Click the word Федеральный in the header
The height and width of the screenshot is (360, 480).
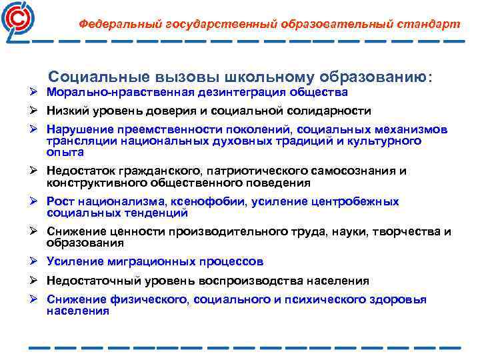pos(117,24)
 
